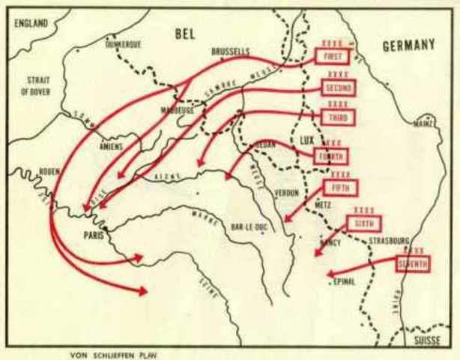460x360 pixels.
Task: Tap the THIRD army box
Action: point(338,118)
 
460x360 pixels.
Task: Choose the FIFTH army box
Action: point(341,187)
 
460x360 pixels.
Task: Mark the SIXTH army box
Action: point(364,223)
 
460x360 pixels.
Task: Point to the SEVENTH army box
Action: point(413,263)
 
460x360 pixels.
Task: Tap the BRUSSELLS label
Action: point(231,52)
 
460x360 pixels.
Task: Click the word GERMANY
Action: point(408,46)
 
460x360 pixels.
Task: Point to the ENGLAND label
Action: point(31,24)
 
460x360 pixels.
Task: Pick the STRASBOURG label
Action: point(383,241)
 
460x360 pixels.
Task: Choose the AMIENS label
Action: point(110,147)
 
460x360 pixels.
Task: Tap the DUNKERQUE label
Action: point(125,44)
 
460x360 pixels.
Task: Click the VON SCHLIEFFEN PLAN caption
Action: point(115,355)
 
